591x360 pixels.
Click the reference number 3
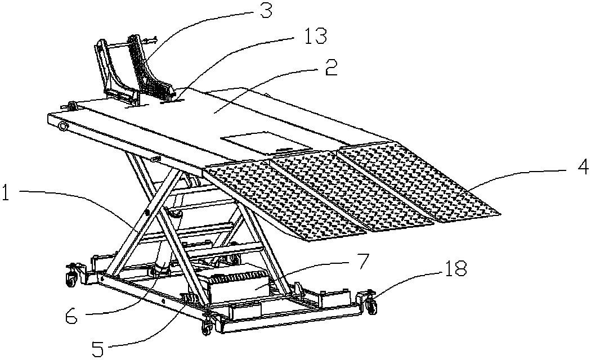(x=265, y=11)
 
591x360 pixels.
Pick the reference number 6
(x=71, y=316)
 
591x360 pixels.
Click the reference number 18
(x=456, y=269)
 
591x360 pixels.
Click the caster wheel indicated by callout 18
(x=371, y=304)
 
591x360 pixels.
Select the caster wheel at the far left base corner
(x=71, y=279)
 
